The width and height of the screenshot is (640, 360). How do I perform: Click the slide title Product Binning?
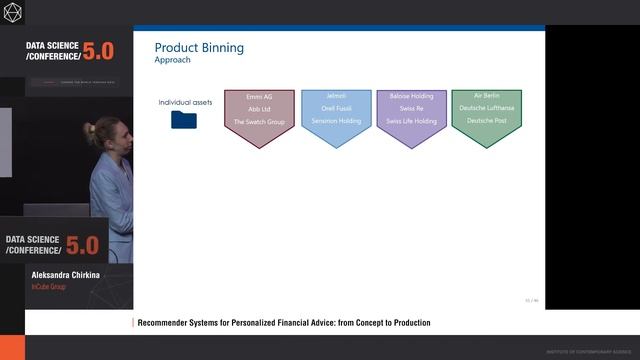(x=199, y=47)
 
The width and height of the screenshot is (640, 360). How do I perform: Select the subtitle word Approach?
(x=175, y=60)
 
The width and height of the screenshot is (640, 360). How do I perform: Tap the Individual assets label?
(x=183, y=103)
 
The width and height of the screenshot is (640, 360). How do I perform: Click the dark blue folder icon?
(x=184, y=120)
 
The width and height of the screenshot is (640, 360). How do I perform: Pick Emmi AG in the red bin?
(x=259, y=96)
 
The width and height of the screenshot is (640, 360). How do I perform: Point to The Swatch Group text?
(x=259, y=121)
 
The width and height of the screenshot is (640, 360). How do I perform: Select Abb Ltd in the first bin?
(x=259, y=109)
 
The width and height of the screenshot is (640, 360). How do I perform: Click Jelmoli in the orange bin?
(x=335, y=96)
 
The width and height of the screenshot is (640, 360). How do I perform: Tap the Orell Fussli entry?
(x=335, y=109)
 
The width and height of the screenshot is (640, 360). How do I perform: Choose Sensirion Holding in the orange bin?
(x=335, y=121)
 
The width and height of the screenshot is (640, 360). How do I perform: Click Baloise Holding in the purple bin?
(x=411, y=96)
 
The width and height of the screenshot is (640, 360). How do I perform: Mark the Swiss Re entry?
(x=411, y=109)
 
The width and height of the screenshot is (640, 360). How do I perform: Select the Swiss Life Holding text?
(x=411, y=121)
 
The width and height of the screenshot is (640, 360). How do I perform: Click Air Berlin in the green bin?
(x=487, y=96)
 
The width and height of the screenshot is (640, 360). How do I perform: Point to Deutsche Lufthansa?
(x=487, y=108)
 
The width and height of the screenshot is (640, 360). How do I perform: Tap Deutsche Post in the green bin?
(x=487, y=120)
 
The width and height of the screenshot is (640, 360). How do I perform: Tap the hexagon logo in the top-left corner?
(x=13, y=12)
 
